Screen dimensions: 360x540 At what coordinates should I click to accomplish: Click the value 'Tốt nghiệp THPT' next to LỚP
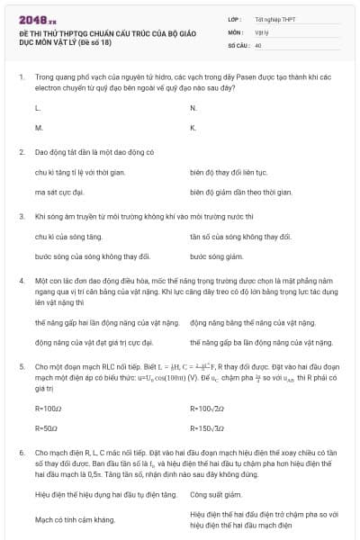point(274,19)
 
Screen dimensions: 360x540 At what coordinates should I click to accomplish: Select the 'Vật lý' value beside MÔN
point(261,31)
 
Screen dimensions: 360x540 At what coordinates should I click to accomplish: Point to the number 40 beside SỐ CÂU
point(258,44)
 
